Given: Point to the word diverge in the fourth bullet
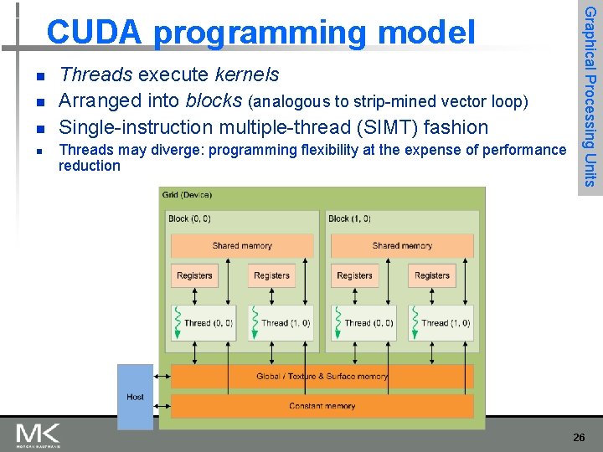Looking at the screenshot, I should point(178,151).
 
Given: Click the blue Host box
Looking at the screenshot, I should point(135,397).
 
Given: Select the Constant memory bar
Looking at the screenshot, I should point(322,406).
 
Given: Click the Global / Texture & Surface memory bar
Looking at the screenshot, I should point(322,377).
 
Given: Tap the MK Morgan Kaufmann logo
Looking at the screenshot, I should point(38,435).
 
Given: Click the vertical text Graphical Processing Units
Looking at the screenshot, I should point(590,96).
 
